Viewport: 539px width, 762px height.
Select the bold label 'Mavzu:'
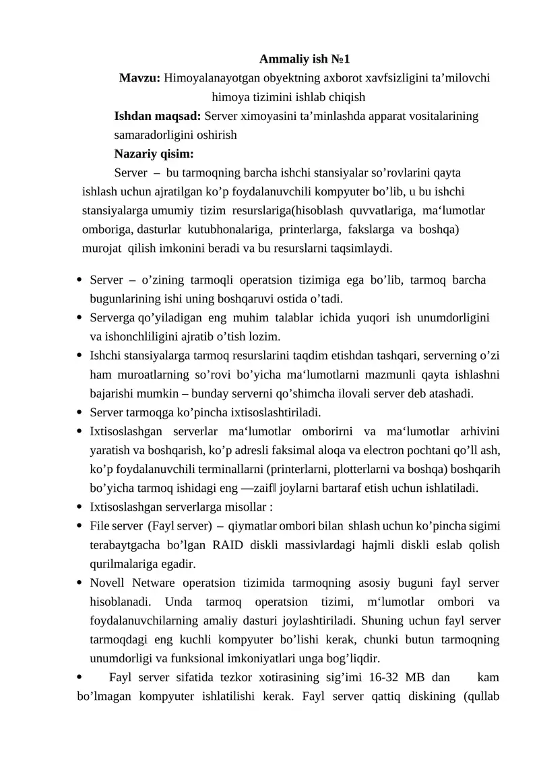pos(139,78)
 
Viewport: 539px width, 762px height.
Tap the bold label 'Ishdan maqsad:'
pos(158,116)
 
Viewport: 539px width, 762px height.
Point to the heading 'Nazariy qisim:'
pos(154,154)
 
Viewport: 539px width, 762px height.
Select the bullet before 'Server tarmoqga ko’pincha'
pos(81,412)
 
